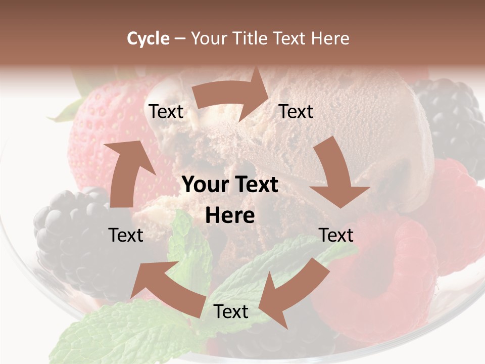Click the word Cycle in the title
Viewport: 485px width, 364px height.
(x=148, y=38)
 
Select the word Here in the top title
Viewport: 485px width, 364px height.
(x=330, y=38)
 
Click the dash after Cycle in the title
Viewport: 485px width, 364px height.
(x=180, y=38)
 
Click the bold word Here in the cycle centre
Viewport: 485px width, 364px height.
(x=230, y=216)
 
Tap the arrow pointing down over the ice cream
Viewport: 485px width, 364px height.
(x=336, y=174)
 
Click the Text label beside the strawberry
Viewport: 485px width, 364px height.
(x=166, y=111)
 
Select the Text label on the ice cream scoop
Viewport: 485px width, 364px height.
(x=296, y=111)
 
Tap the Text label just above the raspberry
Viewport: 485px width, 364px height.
(x=336, y=235)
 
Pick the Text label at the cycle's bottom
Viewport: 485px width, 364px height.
(x=231, y=312)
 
